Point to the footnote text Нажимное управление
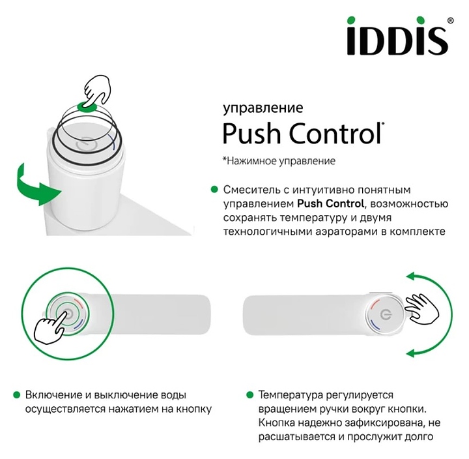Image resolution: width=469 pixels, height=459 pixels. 281,160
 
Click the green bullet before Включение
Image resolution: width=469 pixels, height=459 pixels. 17,395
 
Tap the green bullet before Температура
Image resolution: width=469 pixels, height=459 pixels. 250,395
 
